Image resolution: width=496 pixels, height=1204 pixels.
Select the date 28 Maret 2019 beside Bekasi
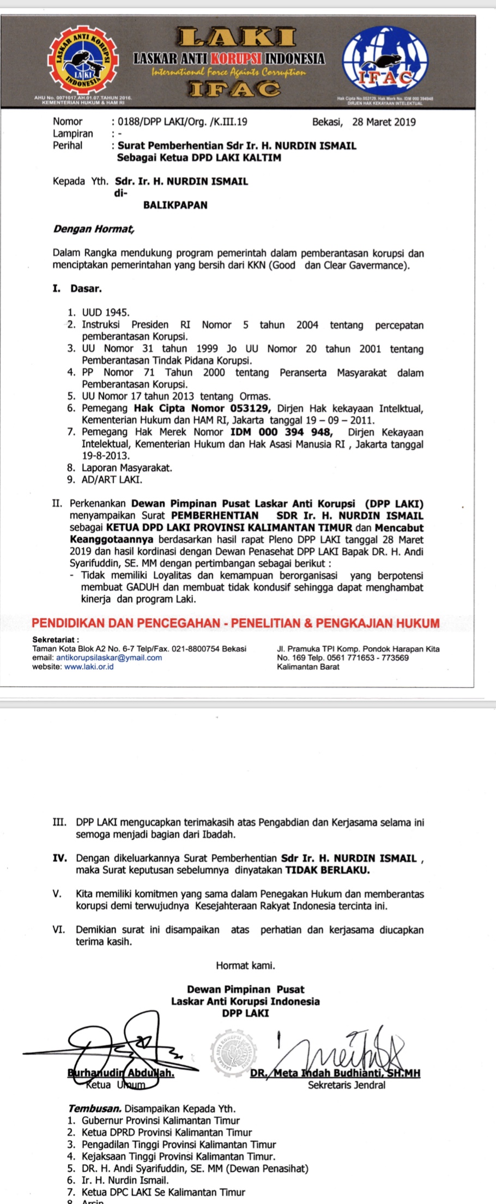pos(384,122)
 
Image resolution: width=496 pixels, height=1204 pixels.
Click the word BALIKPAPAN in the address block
pos(175,205)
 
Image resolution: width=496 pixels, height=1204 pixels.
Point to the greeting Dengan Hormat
pos(93,228)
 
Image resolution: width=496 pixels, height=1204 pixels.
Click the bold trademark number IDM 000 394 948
pos(281,432)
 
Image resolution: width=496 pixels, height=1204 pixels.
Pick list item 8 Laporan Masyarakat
pos(126,468)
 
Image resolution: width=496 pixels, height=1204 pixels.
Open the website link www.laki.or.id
pos(89,666)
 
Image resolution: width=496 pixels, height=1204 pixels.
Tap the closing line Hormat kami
pos(245,965)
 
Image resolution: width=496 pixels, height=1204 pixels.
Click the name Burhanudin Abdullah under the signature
pos(120,1073)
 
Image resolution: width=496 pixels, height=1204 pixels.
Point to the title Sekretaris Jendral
pos(346,1085)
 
